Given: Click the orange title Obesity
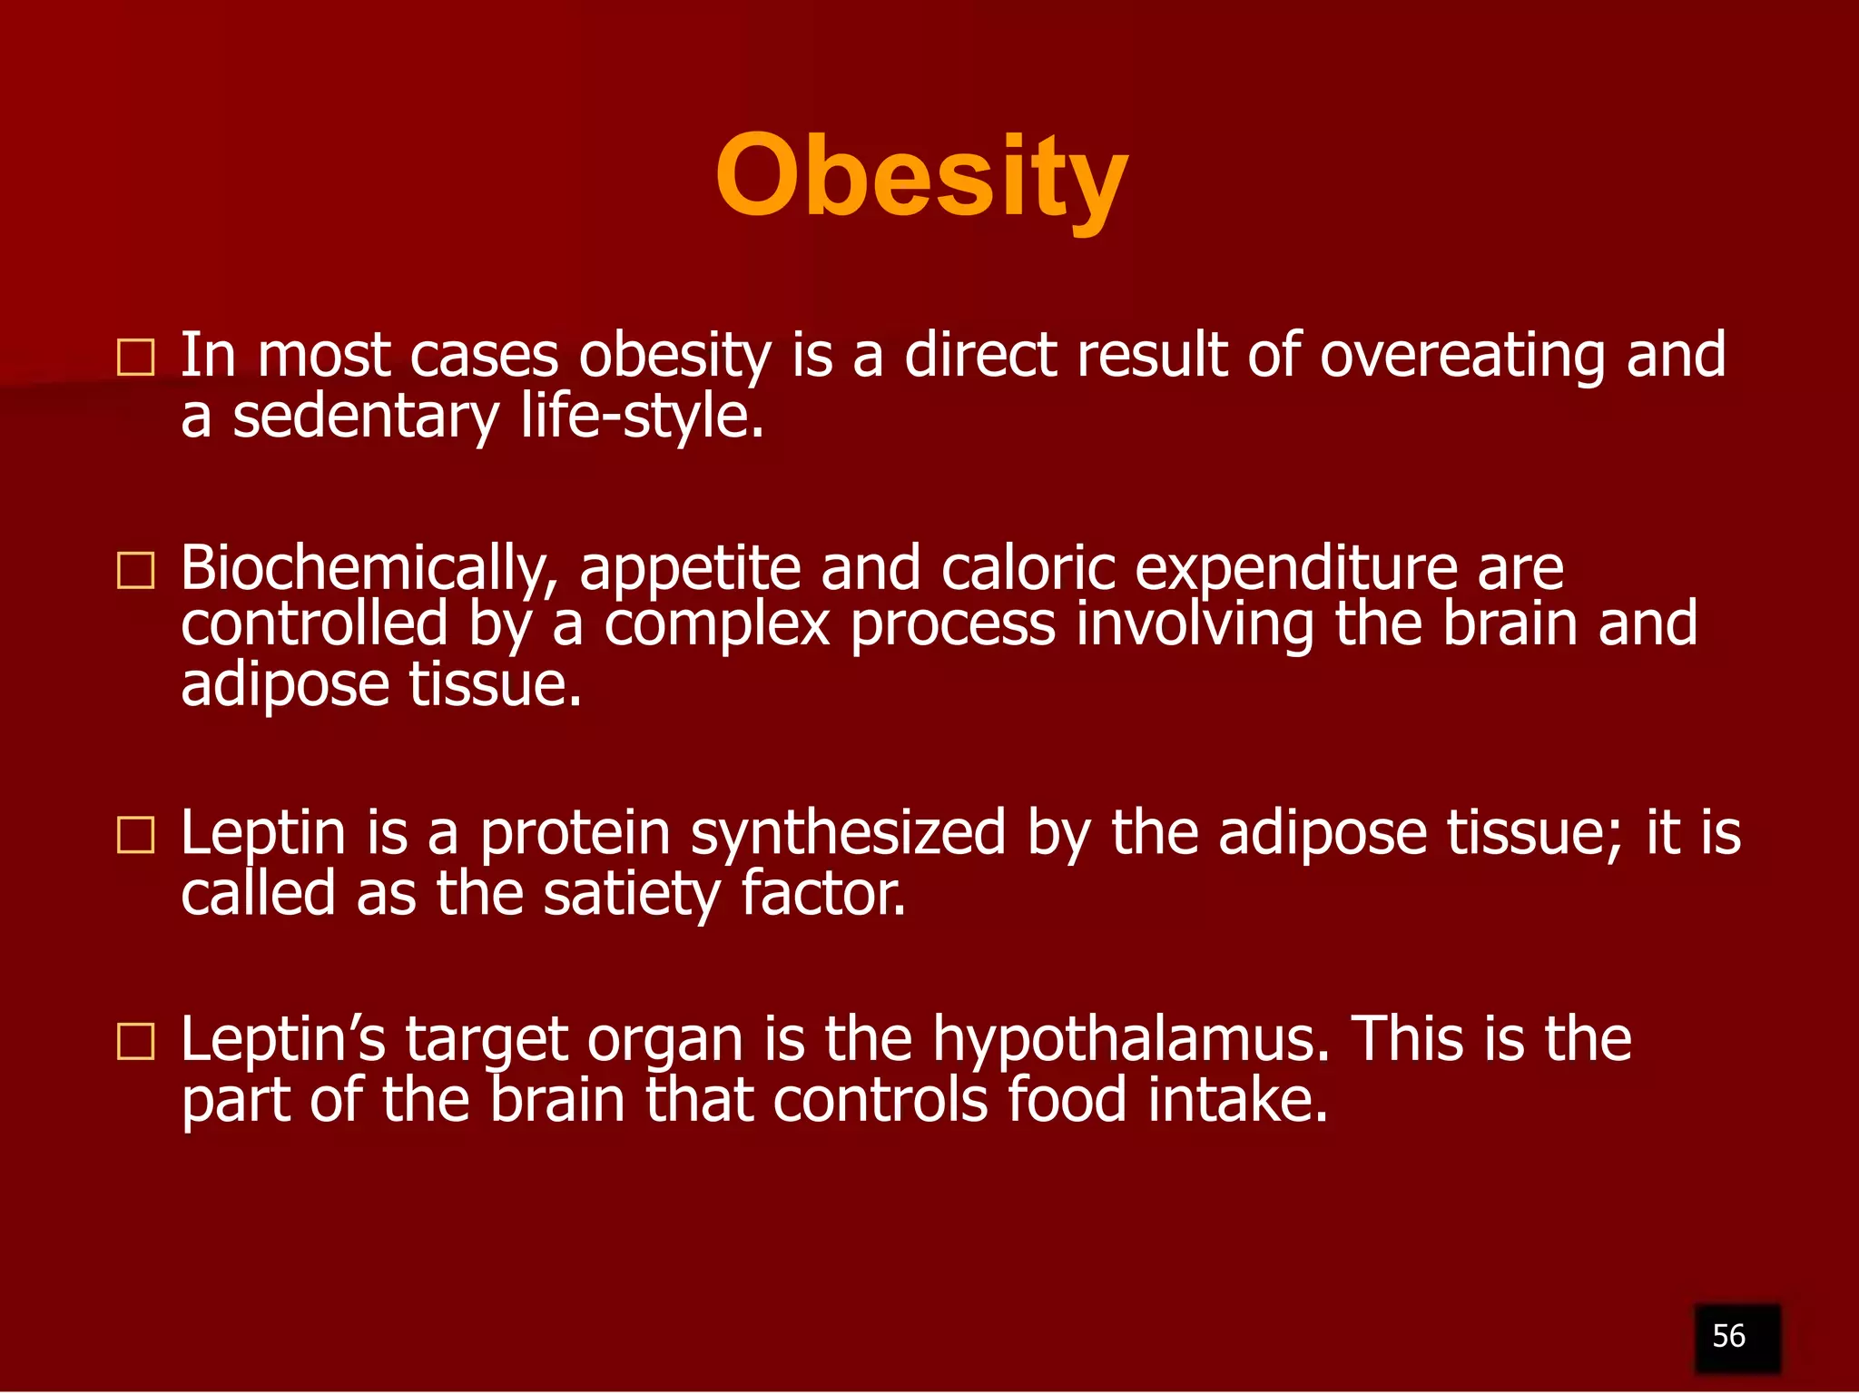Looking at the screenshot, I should [x=921, y=177].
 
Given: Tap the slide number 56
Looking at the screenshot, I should [x=1728, y=1336].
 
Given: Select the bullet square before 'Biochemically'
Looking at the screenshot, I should [x=136, y=570].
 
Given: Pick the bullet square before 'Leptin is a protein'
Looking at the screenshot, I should [x=136, y=834].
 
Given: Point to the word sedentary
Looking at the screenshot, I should [x=365, y=417].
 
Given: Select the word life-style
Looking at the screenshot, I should [x=642, y=417].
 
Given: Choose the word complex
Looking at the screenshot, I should [x=717, y=626].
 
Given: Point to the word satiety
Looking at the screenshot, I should [x=631, y=895].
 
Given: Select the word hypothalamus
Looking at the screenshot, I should [x=1130, y=1040].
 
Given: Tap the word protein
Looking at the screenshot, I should [x=575, y=834].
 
